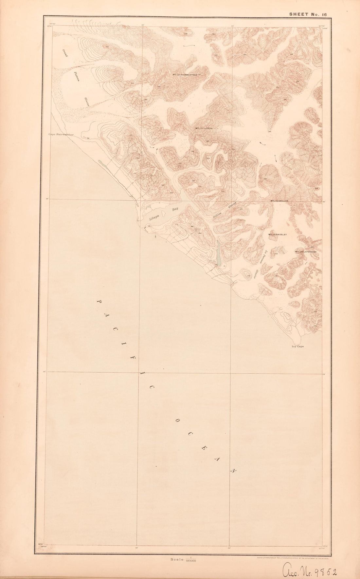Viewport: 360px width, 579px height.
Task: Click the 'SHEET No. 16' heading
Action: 308,14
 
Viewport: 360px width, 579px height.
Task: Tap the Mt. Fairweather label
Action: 187,75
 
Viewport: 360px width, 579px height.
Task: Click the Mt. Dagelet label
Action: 278,234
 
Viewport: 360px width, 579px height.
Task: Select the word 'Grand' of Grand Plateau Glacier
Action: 65,52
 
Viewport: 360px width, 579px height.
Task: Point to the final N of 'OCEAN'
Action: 233,470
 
